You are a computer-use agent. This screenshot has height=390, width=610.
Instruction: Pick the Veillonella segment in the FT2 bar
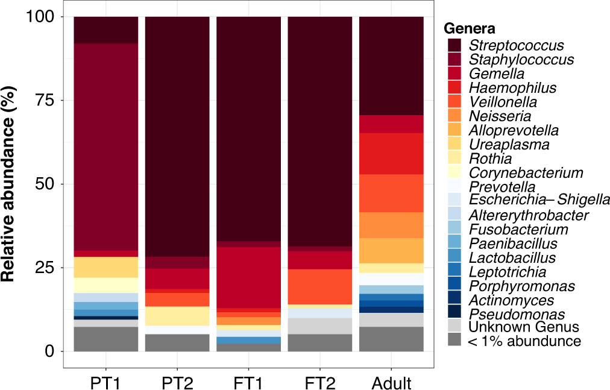click(319, 286)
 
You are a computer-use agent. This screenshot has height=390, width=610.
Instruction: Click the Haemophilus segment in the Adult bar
click(391, 153)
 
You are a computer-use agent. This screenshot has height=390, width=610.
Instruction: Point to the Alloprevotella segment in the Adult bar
click(391, 250)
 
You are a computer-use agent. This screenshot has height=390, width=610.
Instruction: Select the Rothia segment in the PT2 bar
click(177, 316)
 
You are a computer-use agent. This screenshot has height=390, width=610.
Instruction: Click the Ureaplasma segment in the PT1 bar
click(106, 267)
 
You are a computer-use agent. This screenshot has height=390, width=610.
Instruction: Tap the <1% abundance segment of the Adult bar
click(391, 339)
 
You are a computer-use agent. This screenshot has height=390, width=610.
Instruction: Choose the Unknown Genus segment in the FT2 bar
click(319, 326)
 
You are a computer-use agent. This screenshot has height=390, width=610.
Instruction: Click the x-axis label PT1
click(106, 383)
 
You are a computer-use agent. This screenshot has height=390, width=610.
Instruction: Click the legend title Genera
click(470, 28)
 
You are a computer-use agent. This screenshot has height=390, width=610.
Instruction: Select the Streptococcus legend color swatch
click(454, 45)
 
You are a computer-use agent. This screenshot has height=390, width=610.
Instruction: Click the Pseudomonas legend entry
click(517, 314)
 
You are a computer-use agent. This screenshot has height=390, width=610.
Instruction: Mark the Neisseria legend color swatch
click(454, 116)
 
